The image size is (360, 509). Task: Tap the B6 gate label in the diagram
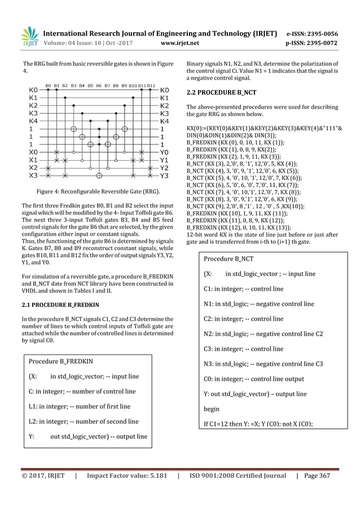(x=99, y=86)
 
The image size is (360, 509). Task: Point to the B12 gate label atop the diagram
(x=151, y=86)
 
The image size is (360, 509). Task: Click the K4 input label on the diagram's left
(x=34, y=121)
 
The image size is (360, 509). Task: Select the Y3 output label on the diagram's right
(x=165, y=175)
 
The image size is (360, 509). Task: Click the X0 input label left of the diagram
(x=34, y=152)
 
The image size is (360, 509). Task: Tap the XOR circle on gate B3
(x=73, y=129)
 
